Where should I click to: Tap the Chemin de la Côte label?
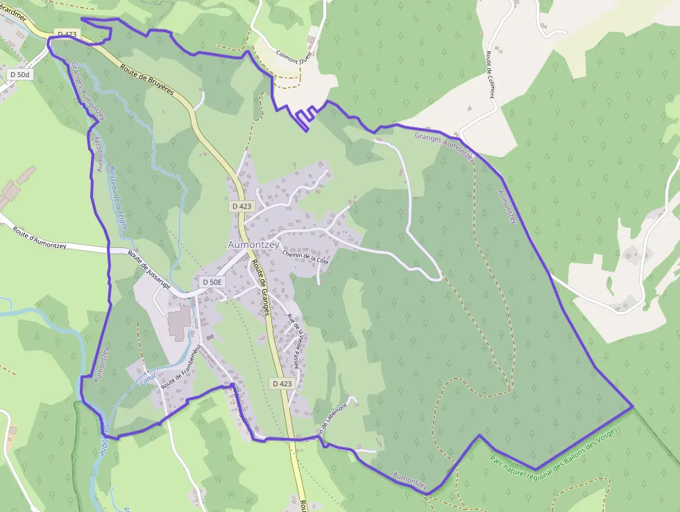click(305, 256)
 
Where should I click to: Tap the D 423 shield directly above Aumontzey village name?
click(242, 206)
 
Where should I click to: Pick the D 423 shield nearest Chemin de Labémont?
click(282, 383)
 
